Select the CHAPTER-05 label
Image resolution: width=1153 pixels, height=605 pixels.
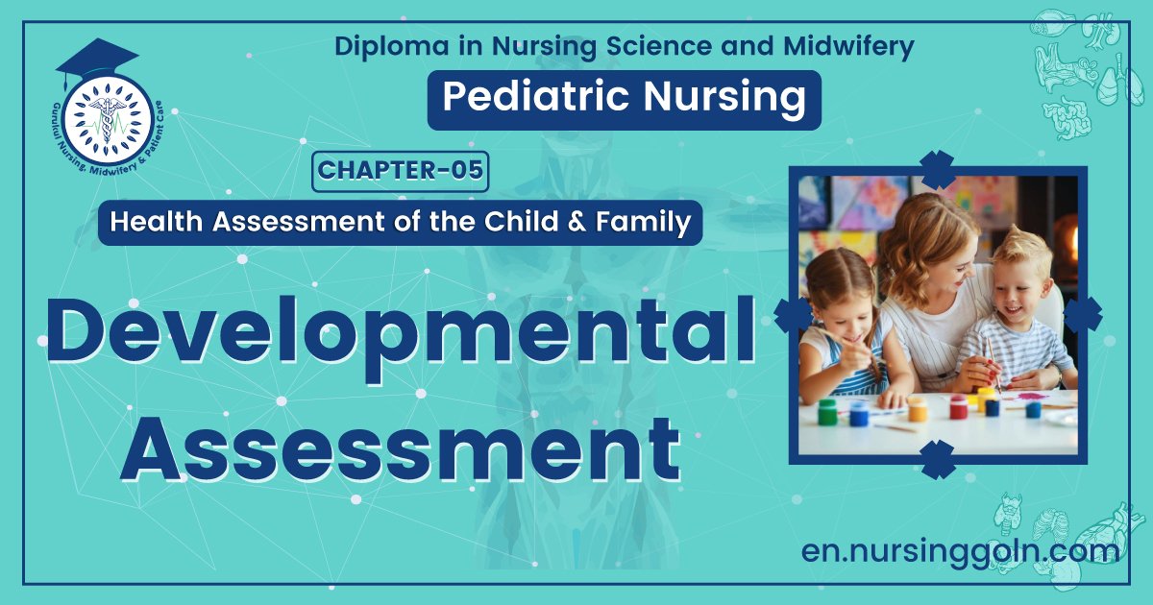(x=401, y=172)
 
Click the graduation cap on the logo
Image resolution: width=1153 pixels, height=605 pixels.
(x=96, y=60)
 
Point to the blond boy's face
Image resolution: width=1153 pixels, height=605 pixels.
(x=1019, y=277)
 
